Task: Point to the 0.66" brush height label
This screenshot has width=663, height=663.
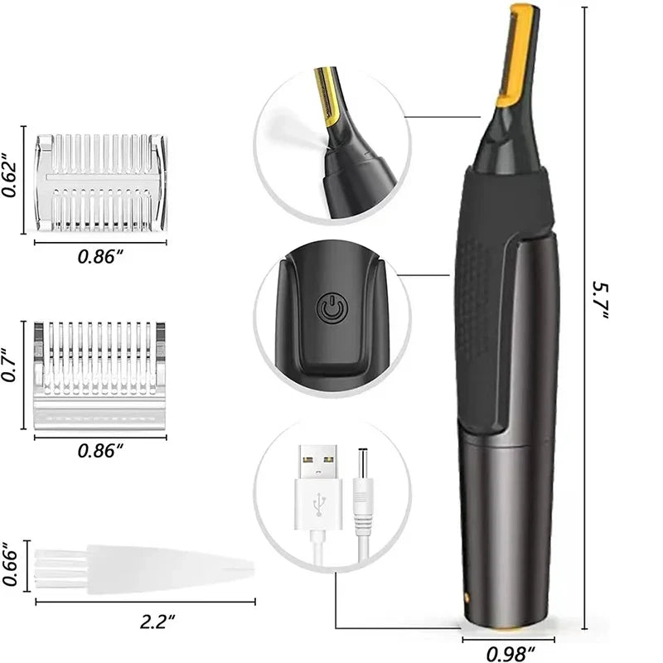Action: (x=11, y=566)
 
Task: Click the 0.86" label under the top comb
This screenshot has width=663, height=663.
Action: (x=100, y=256)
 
